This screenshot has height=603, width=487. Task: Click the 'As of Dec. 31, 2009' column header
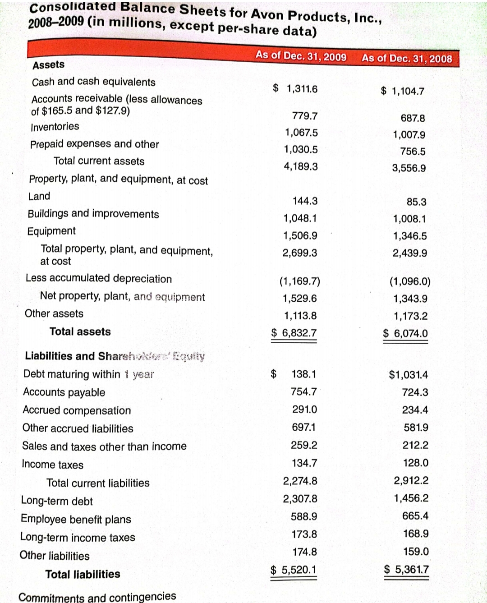(301, 56)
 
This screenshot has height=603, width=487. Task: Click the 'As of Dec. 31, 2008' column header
(407, 58)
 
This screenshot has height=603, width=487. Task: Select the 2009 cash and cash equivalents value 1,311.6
(301, 89)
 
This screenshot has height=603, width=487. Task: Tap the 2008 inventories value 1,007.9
(409, 135)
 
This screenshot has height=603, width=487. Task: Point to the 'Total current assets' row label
(99, 161)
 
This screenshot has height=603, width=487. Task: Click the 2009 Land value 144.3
(305, 201)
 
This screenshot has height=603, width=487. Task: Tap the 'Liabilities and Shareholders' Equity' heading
(115, 356)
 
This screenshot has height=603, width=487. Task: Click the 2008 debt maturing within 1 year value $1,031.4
(409, 375)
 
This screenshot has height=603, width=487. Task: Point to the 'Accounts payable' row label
(64, 392)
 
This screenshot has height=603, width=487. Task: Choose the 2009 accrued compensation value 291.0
(304, 410)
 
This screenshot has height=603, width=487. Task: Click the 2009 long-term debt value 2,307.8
(300, 499)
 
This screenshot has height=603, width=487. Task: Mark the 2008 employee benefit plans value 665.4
(415, 516)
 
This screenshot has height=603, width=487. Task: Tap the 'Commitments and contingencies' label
(97, 597)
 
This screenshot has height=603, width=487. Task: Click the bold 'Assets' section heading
(49, 65)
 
